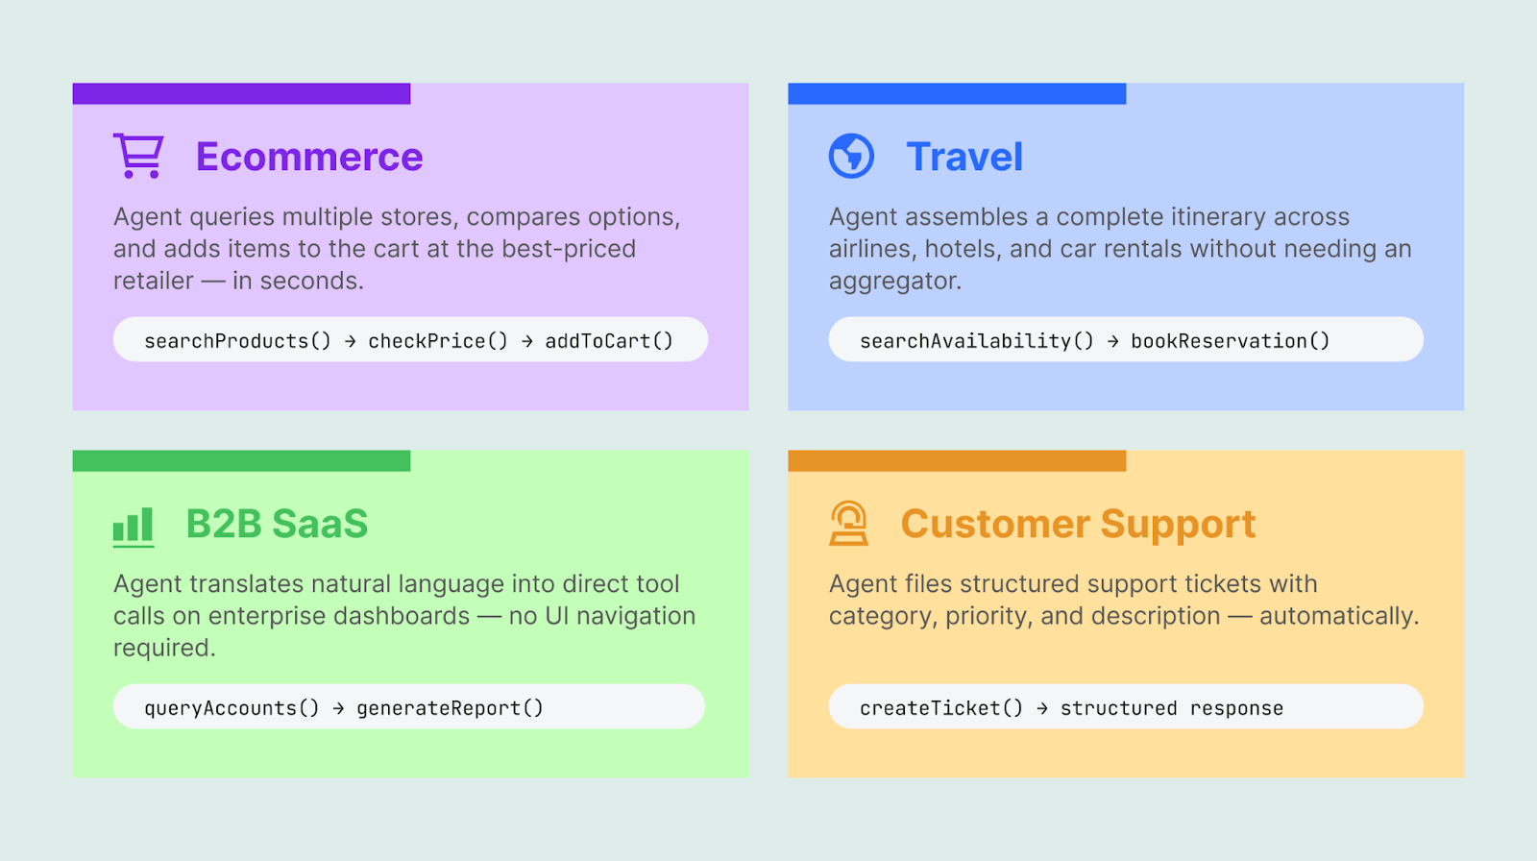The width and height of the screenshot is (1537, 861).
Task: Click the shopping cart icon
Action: pyautogui.click(x=138, y=156)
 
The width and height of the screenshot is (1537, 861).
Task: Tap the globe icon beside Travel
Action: pyautogui.click(x=851, y=156)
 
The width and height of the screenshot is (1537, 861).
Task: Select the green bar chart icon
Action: pyautogui.click(x=134, y=527)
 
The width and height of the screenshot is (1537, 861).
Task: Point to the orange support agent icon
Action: pyautogui.click(x=848, y=524)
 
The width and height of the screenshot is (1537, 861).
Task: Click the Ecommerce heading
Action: pyautogui.click(x=308, y=157)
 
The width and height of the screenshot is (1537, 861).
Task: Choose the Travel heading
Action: pyautogui.click(x=964, y=157)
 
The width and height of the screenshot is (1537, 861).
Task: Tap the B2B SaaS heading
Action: pyautogui.click(x=277, y=525)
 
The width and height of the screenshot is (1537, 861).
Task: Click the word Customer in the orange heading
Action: pyautogui.click(x=994, y=525)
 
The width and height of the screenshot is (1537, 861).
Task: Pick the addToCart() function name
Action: pyautogui.click(x=609, y=341)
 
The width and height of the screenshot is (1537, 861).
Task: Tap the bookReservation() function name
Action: pyautogui.click(x=1230, y=341)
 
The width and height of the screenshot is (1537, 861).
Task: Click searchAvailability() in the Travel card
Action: pyautogui.click(x=976, y=341)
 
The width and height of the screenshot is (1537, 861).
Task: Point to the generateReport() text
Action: pyautogui.click(x=450, y=708)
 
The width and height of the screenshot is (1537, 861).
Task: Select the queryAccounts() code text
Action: pyautogui.click(x=231, y=708)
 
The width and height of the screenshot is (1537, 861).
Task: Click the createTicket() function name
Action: pyautogui.click(x=940, y=708)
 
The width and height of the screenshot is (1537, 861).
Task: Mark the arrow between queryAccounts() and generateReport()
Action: pyautogui.click(x=338, y=708)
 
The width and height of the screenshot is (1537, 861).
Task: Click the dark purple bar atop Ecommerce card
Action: pyautogui.click(x=241, y=93)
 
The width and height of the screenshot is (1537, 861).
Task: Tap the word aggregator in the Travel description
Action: pyautogui.click(x=894, y=282)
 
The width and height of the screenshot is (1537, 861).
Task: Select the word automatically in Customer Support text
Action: pyautogui.click(x=1337, y=616)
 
